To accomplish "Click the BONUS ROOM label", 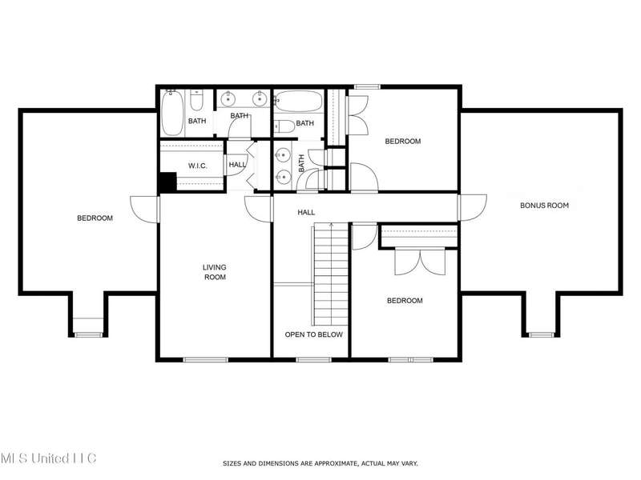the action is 544,206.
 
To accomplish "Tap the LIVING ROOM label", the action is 215,272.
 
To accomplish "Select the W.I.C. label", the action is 197,166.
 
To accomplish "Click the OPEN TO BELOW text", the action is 313,334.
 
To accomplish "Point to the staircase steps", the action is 331,274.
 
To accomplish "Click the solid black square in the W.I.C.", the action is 167,182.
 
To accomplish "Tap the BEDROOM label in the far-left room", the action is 95,218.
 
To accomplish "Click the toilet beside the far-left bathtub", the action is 196,101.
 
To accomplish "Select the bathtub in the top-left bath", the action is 172,113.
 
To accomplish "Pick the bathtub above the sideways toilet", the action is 299,101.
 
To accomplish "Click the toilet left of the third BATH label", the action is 284,126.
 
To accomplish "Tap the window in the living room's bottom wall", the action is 205,359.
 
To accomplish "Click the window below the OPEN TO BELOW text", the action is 313,359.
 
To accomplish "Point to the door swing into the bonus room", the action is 473,208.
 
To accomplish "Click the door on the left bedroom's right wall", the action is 145,210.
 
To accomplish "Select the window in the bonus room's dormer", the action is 542,334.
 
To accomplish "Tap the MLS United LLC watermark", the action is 48,458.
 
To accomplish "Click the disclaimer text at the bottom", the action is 320,463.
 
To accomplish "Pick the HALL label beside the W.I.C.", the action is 237,165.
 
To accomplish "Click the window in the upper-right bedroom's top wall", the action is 367,86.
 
